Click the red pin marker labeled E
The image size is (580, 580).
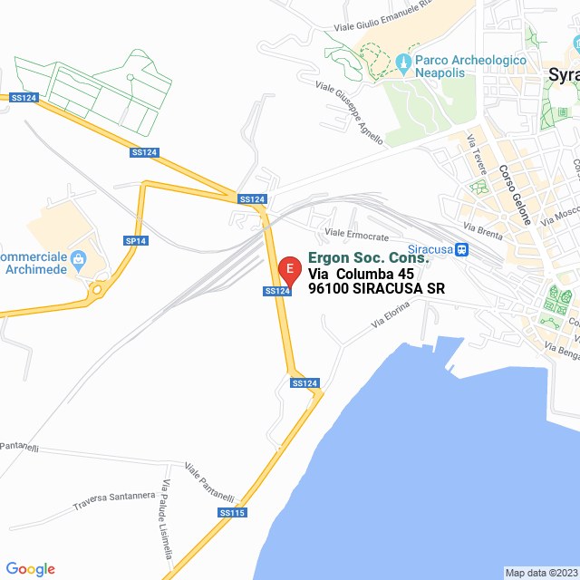click(289, 269)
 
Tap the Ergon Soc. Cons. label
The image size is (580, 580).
click(368, 258)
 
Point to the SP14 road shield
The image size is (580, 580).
click(135, 240)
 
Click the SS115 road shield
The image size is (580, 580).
click(232, 513)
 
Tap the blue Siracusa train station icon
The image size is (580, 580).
click(462, 250)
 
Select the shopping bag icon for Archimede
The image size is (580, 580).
click(77, 259)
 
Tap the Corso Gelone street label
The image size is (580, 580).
click(511, 195)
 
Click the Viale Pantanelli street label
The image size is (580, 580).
click(209, 483)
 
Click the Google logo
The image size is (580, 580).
click(30, 569)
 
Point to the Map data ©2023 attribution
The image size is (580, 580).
click(541, 573)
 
